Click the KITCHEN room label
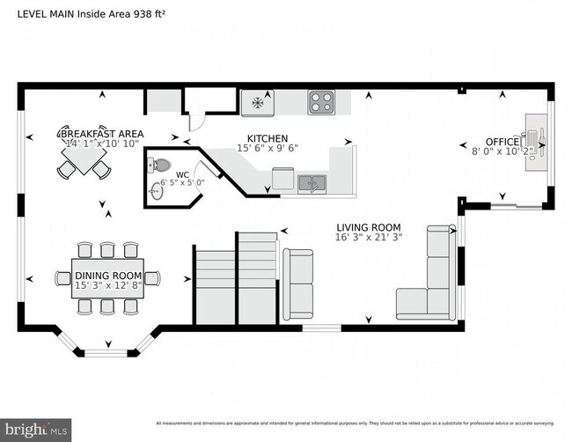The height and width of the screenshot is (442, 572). (x=268, y=138)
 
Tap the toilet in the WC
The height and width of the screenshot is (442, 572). (x=160, y=164)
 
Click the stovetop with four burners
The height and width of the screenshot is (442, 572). (x=319, y=103)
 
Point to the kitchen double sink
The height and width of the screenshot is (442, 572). (x=311, y=183)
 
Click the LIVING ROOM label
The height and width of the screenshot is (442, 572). (x=369, y=225)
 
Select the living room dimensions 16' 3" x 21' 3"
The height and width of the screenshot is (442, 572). (x=369, y=237)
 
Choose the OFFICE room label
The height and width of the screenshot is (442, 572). (x=502, y=141)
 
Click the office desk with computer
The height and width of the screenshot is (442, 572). (x=535, y=137)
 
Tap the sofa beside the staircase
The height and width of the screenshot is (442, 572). (x=297, y=284)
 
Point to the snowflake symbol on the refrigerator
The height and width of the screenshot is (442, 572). (x=258, y=102)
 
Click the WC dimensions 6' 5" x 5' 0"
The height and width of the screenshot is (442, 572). (x=182, y=183)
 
